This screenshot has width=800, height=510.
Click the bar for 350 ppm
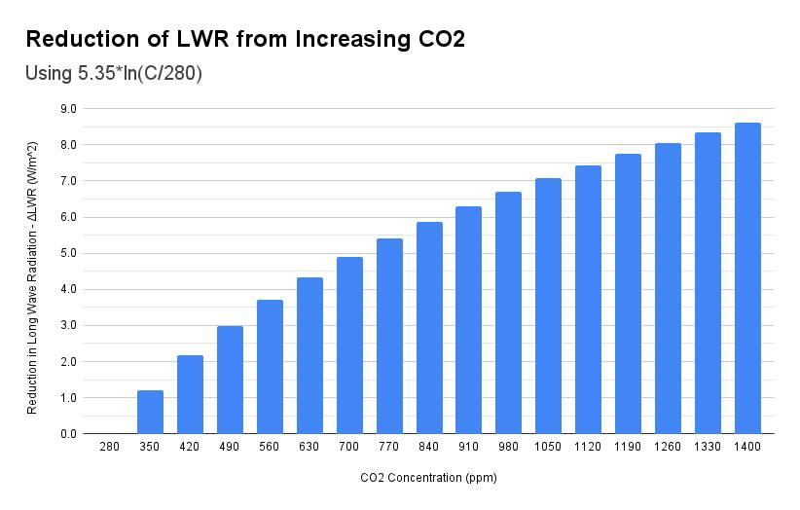[150, 412]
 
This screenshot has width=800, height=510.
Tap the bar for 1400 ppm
[747, 278]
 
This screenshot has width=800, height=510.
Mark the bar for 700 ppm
[349, 346]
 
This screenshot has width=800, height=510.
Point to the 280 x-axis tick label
[110, 447]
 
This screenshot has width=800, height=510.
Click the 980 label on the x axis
[508, 447]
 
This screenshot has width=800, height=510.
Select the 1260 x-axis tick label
[668, 447]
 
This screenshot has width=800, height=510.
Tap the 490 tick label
[230, 447]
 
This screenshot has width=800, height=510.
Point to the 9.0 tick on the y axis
[69, 109]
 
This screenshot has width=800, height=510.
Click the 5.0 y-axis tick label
[69, 253]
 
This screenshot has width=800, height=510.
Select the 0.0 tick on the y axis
[69, 434]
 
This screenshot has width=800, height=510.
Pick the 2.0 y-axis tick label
[69, 362]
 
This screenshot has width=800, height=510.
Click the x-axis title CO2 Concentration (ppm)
[428, 478]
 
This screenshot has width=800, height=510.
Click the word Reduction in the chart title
[78, 40]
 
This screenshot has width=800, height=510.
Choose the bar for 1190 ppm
[628, 294]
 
